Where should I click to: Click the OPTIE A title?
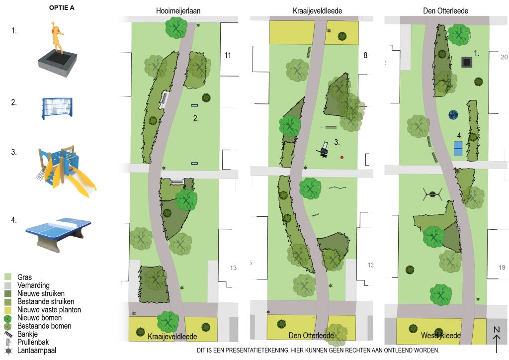tap(62, 8)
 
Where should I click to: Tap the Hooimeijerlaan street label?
tap(178, 11)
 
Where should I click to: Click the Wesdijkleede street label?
tap(440, 335)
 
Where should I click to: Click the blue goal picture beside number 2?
tap(57, 108)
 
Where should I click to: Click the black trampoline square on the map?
tap(467, 62)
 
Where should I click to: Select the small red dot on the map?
tap(342, 158)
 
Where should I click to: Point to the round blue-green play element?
tap(453, 114)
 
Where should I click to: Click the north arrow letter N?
tap(497, 330)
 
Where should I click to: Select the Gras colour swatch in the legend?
tap(8, 277)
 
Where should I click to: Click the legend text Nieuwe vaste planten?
tap(49, 310)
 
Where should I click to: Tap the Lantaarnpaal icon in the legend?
tap(8, 351)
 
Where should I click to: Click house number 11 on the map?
tap(228, 56)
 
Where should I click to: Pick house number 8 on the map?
tap(365, 56)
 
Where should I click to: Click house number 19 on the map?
tap(502, 268)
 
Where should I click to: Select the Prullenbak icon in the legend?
tap(8, 342)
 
